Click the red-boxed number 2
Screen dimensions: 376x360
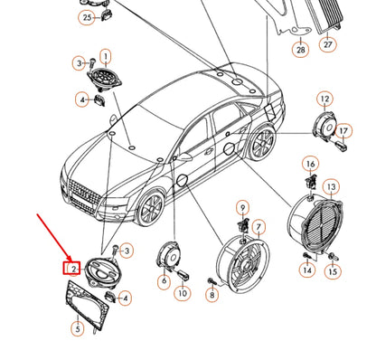click(71, 268)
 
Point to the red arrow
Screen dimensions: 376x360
click(55, 238)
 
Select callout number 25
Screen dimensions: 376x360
click(87, 17)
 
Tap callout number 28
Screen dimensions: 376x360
click(301, 49)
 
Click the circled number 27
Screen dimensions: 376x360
click(328, 44)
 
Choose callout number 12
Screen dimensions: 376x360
click(324, 99)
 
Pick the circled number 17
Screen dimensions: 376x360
click(343, 130)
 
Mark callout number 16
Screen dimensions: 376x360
click(311, 164)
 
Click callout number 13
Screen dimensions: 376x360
click(331, 187)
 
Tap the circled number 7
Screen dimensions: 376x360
click(258, 227)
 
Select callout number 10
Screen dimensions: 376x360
click(183, 293)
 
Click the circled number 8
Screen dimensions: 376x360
click(212, 295)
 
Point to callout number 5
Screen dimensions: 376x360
click(78, 328)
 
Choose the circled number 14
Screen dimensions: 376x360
click(307, 270)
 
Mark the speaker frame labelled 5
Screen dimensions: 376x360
click(87, 305)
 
